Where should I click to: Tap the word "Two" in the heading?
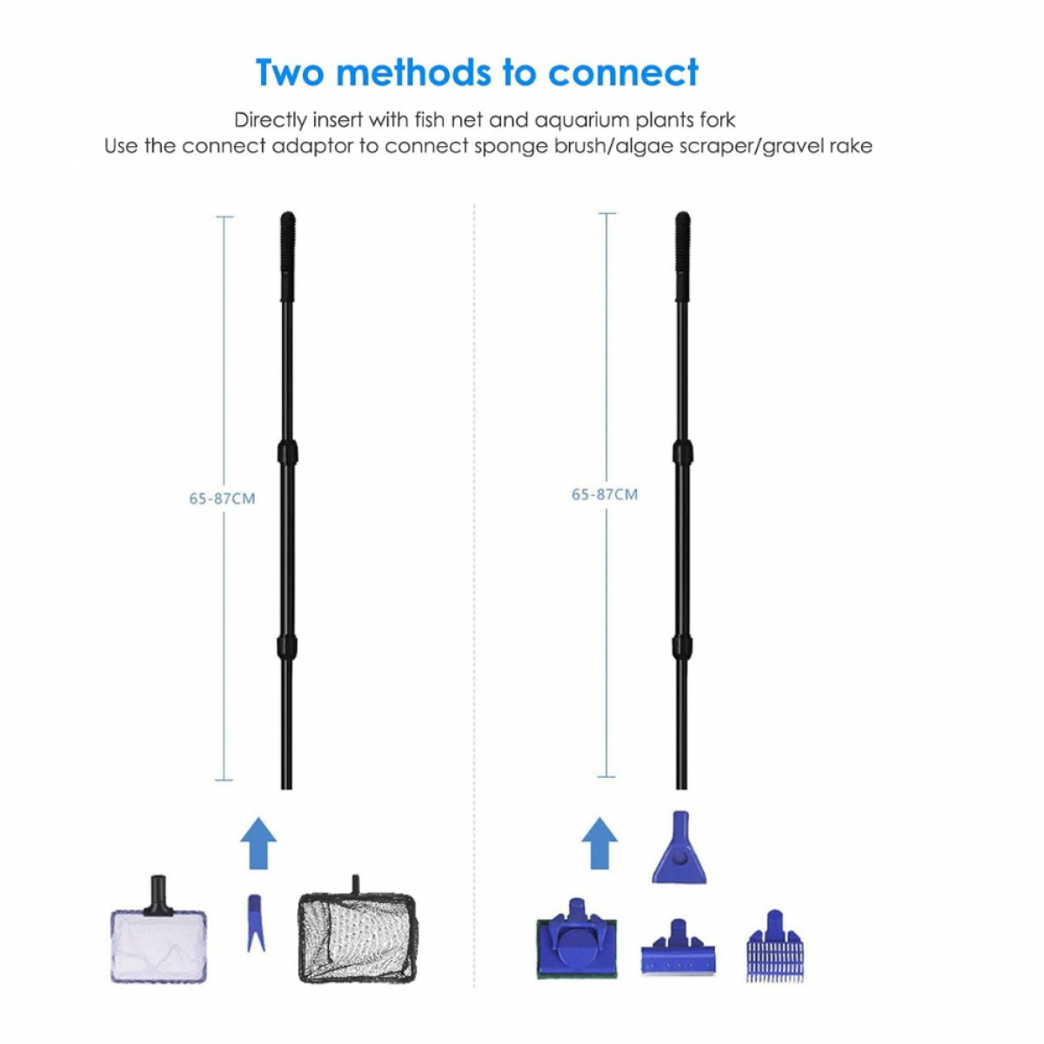pos(291,72)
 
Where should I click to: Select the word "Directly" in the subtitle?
pos(271,120)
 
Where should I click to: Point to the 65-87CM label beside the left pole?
pos(222,499)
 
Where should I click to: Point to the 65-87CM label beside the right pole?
pos(605,494)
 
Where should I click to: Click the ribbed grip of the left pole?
pos(288,257)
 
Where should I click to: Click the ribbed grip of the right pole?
pos(683,257)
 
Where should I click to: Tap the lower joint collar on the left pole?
pos(287,646)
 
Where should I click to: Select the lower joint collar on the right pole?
pos(682,646)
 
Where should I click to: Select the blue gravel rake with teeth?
pos(775,947)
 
